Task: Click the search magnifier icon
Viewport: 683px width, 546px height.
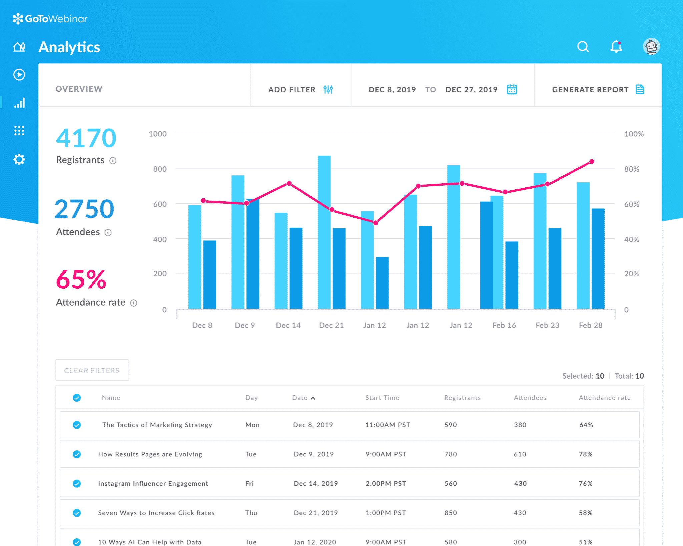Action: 583,47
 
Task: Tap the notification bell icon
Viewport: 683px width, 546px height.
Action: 616,47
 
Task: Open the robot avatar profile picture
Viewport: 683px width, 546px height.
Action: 651,46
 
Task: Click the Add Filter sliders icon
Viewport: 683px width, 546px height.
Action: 328,89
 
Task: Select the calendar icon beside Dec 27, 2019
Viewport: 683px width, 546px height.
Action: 512,89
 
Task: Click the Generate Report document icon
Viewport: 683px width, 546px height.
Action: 640,89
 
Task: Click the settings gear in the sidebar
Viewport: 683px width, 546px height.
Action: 19,159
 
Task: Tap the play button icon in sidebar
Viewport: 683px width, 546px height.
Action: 19,74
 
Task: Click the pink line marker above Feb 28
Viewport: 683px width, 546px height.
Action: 592,162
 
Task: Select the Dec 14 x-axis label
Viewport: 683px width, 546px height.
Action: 288,325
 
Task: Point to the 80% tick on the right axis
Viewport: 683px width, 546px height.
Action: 631,169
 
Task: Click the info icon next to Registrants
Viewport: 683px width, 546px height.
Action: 113,161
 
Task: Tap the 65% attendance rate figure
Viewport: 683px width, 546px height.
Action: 81,279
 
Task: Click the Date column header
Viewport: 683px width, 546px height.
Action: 300,398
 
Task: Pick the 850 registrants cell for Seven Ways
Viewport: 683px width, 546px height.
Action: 451,513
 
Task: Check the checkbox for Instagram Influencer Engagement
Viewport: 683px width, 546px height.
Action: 77,483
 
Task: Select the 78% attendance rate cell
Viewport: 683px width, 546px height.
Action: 586,454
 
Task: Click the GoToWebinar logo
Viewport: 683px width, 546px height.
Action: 50,19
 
